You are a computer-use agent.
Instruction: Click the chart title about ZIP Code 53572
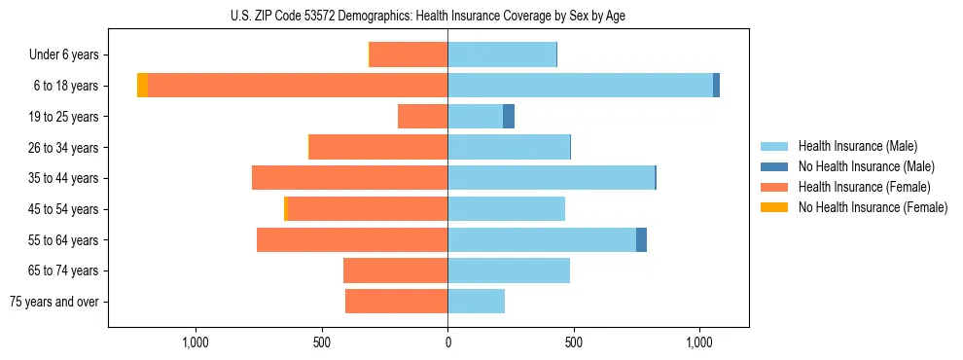481,16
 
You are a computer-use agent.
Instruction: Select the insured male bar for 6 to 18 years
580,86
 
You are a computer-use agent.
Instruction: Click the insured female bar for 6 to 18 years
298,86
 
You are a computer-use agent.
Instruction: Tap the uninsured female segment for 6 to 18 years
142,86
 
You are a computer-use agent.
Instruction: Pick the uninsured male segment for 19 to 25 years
509,117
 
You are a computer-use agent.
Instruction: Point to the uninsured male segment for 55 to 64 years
641,239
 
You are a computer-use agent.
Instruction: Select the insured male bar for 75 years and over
476,302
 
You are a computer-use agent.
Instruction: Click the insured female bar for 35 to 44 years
350,178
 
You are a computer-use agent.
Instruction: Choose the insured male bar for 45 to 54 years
506,209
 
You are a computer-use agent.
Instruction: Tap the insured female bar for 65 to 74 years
396,270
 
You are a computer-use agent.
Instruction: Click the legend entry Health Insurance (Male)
857,146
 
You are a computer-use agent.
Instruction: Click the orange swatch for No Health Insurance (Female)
774,207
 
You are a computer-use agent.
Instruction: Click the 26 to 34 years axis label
62,148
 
